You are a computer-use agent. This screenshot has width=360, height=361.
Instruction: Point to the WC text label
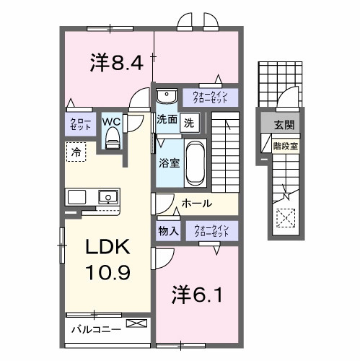112,121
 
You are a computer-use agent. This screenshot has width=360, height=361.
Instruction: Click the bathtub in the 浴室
195,163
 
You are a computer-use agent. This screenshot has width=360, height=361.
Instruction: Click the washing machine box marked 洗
189,122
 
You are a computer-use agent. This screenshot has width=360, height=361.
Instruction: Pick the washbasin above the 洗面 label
167,97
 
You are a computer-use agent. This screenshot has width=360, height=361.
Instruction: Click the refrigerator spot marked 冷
75,151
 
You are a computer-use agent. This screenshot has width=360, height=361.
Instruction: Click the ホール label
196,204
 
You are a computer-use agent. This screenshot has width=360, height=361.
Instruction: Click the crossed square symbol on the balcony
136,326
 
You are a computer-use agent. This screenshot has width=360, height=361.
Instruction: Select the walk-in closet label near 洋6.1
211,231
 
